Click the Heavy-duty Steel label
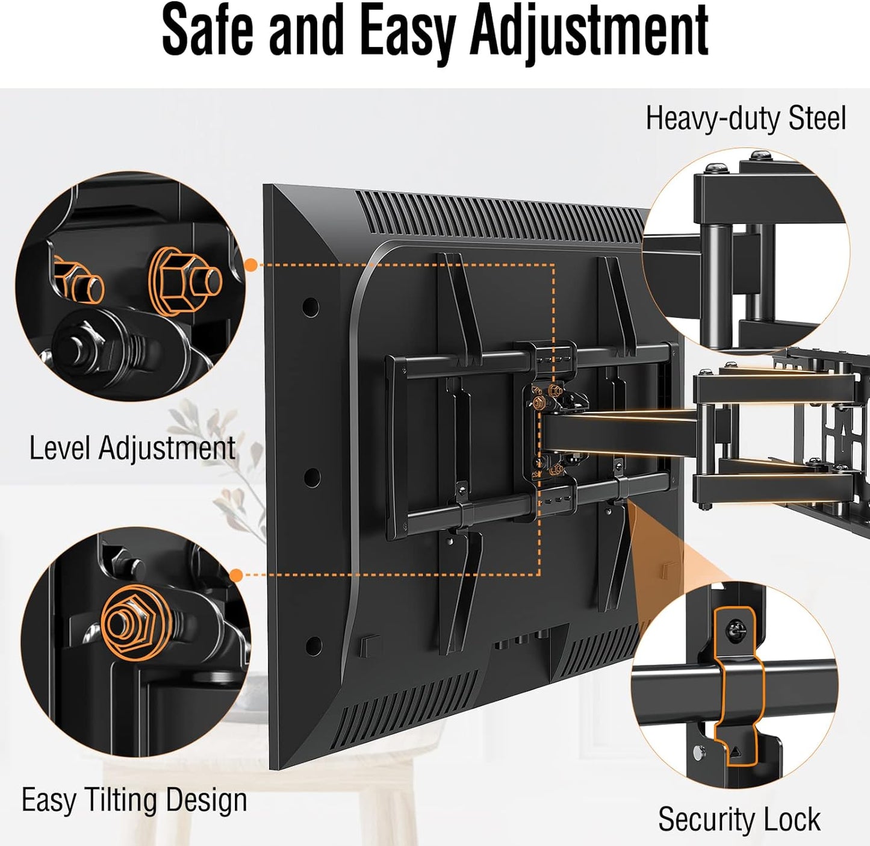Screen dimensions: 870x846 [746, 119]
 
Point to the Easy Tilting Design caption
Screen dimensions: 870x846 [134, 800]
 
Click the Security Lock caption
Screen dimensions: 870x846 [739, 819]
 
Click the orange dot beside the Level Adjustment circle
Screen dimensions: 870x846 [251, 265]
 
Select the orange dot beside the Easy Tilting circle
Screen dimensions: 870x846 [237, 575]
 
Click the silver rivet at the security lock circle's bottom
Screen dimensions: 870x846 [700, 752]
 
